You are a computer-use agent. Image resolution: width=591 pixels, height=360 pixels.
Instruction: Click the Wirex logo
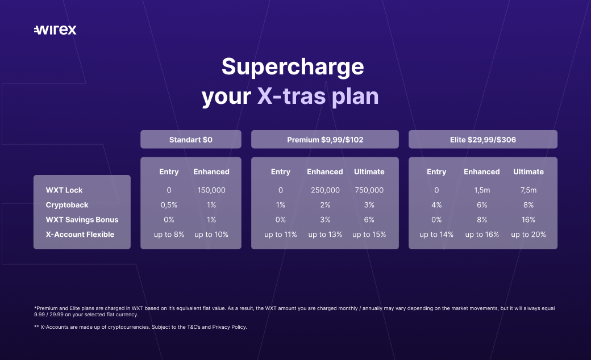55,30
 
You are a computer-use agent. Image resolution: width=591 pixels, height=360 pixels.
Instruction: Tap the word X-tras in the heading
292,96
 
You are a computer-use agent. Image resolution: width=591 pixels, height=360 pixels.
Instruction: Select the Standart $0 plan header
191,139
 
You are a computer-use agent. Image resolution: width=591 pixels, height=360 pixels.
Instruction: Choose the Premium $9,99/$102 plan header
325,139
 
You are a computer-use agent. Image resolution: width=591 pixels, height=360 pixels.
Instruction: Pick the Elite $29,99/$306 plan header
483,139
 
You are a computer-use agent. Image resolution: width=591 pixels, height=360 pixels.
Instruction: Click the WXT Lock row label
64,190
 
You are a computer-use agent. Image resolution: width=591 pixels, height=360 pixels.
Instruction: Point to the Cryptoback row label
67,205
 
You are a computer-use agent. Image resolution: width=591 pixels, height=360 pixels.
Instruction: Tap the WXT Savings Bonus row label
82,220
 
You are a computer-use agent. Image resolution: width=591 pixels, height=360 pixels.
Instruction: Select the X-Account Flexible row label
80,234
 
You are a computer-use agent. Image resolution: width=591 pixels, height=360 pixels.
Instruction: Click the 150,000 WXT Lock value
211,190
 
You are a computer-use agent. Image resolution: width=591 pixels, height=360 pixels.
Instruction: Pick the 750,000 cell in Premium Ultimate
369,190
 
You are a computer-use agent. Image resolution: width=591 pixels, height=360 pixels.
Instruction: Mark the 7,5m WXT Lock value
528,190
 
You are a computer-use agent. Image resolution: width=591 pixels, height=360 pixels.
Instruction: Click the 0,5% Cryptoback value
169,205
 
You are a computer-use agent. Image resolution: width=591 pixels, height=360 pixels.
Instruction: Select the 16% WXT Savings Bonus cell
528,220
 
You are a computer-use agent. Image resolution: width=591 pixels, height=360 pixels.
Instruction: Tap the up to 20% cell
528,234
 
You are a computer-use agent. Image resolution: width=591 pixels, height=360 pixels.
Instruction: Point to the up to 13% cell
325,234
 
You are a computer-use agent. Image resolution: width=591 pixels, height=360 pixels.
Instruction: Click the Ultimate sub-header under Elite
528,171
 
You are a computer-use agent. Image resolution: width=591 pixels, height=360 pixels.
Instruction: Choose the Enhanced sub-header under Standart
211,171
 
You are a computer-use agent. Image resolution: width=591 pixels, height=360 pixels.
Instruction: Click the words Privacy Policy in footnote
229,327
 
